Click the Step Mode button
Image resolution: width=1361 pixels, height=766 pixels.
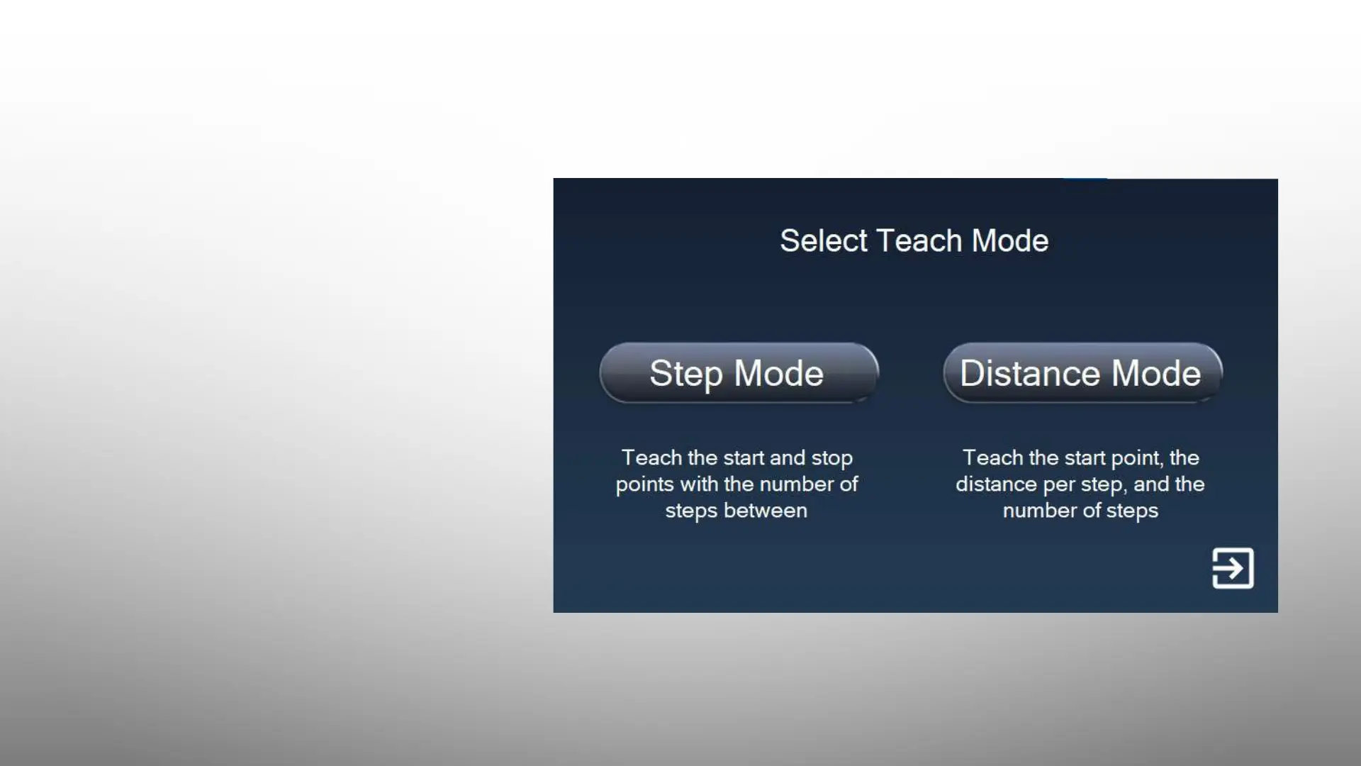(739, 373)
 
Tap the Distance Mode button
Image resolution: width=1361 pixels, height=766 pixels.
(1082, 373)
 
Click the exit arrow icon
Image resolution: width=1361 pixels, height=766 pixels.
(1233, 568)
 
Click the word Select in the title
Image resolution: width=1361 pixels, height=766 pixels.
(824, 240)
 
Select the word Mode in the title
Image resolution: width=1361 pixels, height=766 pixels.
(1010, 240)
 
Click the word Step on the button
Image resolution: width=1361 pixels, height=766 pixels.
(686, 374)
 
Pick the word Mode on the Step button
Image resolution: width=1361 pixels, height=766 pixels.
(778, 373)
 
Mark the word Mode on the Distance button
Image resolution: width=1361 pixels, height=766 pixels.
(1156, 373)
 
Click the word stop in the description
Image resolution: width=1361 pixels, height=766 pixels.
(831, 459)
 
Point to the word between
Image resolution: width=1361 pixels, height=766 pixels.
(765, 511)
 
